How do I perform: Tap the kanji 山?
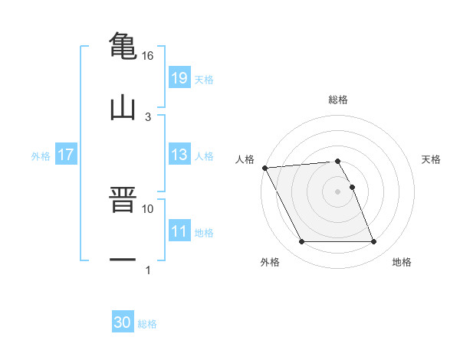123,106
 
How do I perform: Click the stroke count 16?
148,56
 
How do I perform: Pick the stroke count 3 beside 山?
148,116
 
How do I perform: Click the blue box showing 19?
179,78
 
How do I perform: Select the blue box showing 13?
179,155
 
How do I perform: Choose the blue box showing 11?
179,231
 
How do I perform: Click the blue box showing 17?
66,155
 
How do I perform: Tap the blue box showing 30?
123,322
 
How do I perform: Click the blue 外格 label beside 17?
41,155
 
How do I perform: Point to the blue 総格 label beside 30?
147,323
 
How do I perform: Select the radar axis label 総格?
338,100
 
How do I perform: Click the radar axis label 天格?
432,159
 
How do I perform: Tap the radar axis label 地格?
402,262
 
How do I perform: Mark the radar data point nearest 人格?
264,168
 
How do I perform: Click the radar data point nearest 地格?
373,242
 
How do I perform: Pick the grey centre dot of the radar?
337,191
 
